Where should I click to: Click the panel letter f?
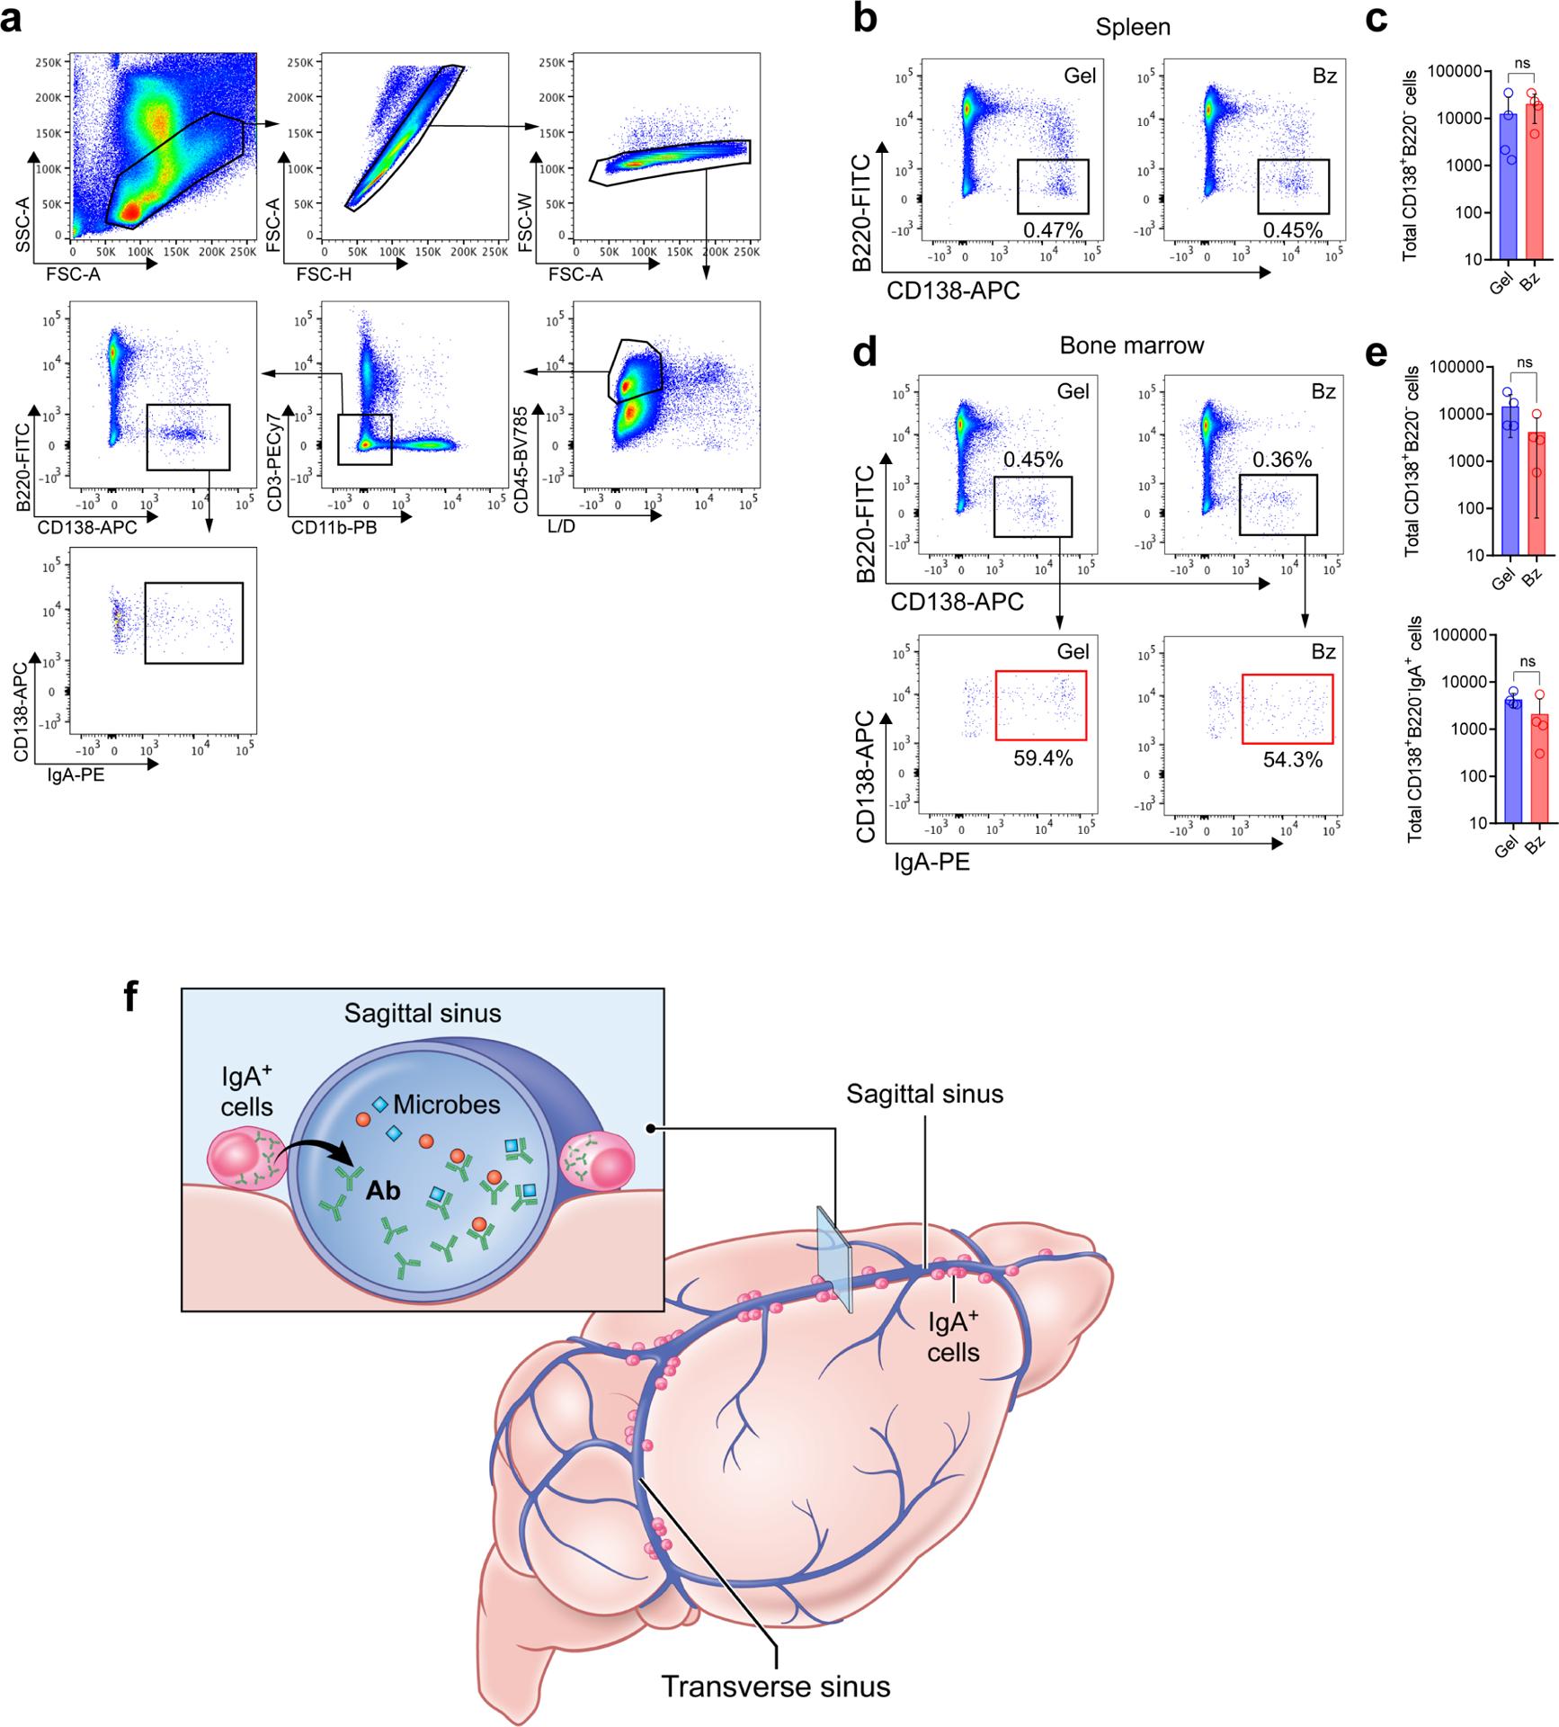tap(132, 996)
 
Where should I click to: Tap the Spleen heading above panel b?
tap(1133, 27)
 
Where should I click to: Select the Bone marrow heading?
tap(1132, 345)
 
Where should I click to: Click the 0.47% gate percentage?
tap(1053, 230)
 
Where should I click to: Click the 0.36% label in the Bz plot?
tap(1282, 460)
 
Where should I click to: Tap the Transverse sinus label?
tap(776, 1686)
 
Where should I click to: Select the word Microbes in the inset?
tap(446, 1105)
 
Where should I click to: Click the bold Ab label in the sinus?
tap(382, 1191)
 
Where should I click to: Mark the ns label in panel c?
tap(1521, 64)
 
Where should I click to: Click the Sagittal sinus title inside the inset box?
tap(423, 1014)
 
